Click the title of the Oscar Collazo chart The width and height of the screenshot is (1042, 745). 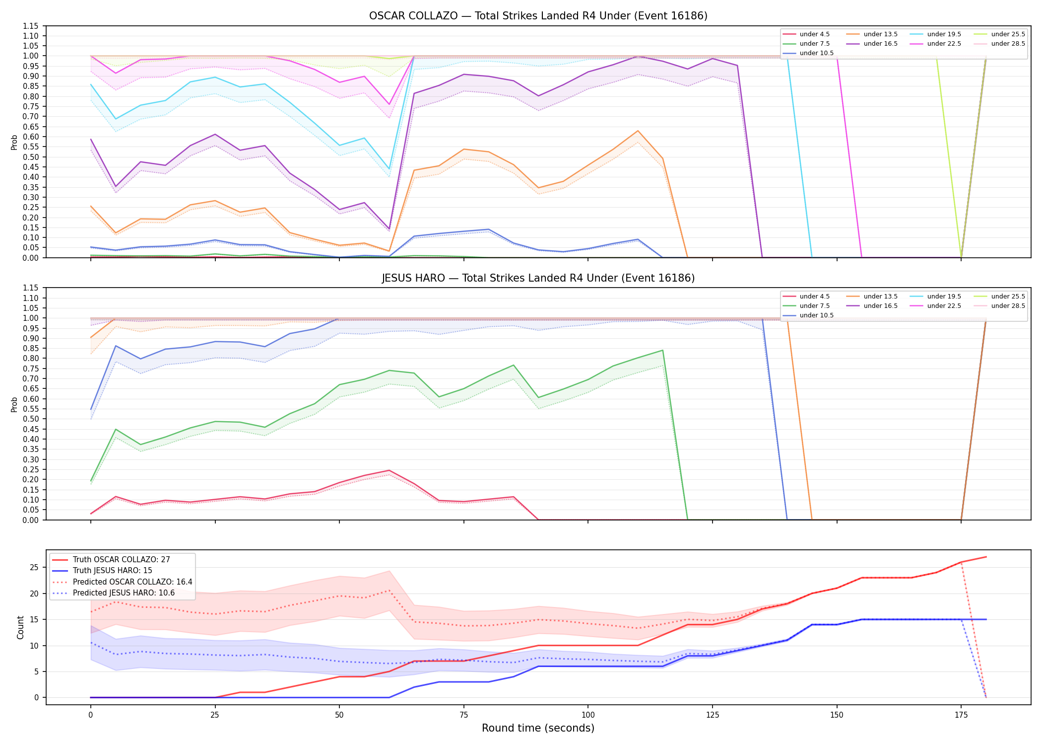pos(538,16)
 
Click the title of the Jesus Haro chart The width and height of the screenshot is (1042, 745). pos(538,278)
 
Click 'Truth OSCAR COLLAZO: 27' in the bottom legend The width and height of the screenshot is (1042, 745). pos(121,560)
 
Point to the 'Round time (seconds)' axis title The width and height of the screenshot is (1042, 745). pos(538,728)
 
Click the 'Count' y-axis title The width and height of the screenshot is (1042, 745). pos(20,627)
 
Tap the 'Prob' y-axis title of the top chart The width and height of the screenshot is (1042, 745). pos(14,142)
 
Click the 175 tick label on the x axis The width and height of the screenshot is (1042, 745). pos(961,716)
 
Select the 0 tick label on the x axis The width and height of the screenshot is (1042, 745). pos(90,716)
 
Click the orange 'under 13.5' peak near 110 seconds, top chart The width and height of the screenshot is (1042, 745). pos(638,131)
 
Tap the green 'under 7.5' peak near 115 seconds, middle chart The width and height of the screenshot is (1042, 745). pos(662,351)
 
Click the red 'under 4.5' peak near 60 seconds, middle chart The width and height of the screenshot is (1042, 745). pos(389,470)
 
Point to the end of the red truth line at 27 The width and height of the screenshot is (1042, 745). pos(986,557)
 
